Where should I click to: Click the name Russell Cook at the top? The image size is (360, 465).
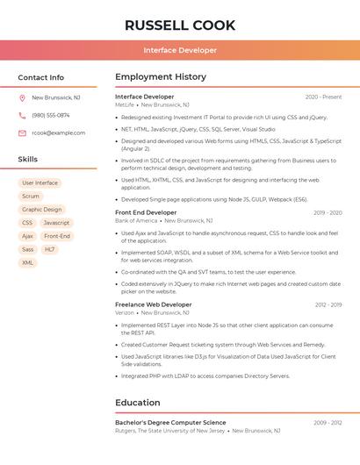180,25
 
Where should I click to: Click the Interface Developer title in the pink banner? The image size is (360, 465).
180,50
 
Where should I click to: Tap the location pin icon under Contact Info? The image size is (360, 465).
22,97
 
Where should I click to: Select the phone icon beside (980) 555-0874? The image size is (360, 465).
22,115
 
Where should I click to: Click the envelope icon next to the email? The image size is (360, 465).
22,133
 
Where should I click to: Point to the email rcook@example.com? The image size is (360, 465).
58,133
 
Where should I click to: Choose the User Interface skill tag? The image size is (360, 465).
40,183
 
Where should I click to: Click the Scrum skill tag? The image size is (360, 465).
31,197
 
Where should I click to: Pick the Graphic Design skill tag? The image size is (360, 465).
42,210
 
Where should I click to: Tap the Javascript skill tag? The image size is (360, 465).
56,223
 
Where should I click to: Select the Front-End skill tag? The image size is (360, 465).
57,236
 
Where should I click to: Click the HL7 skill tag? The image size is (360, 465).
50,249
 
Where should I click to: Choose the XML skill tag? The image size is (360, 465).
28,262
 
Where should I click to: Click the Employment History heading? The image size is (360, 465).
161,77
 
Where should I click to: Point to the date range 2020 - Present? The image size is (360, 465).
323,97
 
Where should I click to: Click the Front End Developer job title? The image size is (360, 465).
146,212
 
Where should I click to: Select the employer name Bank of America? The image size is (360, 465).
136,221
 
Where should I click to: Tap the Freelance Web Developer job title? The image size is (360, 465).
154,304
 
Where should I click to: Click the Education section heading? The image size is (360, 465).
138,403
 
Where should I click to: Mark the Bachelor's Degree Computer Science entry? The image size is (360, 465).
170,423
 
